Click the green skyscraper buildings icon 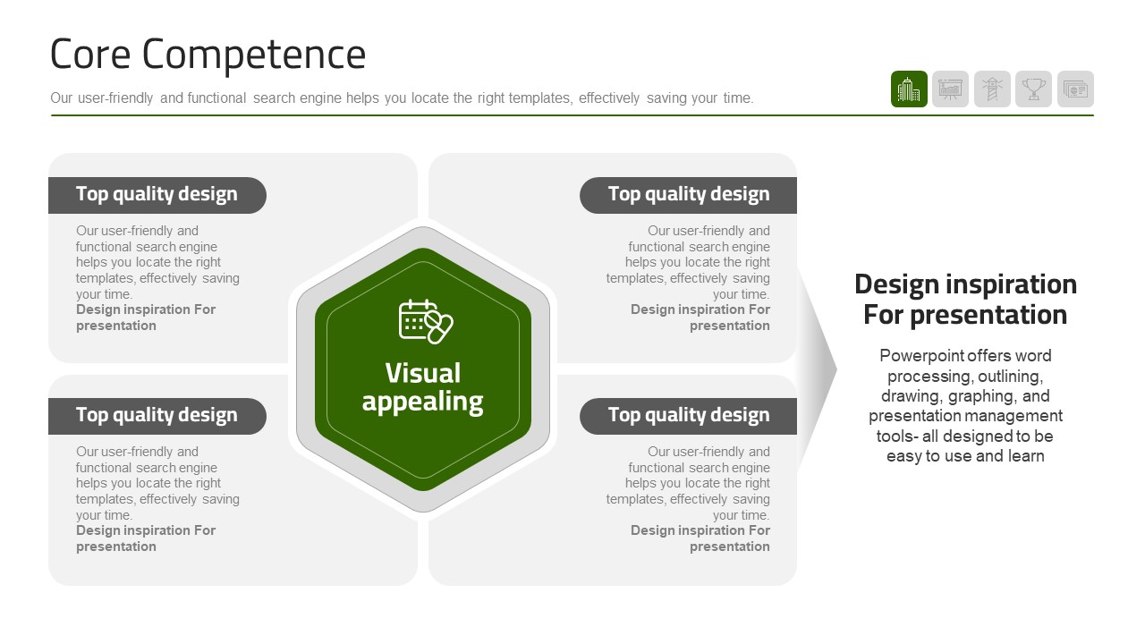coord(909,89)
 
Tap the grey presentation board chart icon coord(950,89)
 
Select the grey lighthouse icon coord(992,89)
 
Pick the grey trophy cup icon coord(1033,89)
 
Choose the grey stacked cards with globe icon coord(1075,89)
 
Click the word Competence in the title coord(254,55)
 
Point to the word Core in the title coord(90,55)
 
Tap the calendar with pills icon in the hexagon coord(425,321)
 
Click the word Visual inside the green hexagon coord(423,373)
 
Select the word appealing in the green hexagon coord(423,402)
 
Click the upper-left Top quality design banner coord(157,195)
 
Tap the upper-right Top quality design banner coord(688,195)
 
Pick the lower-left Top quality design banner coord(157,416)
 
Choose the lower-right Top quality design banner coord(688,416)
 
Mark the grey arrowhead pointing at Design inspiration coord(817,369)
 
